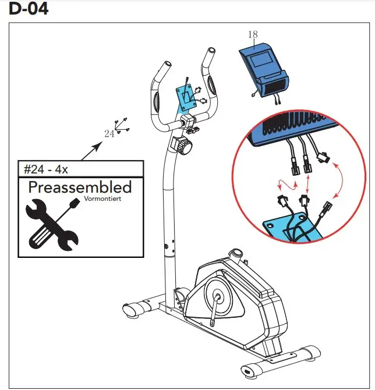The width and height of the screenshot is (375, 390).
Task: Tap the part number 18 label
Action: click(252, 35)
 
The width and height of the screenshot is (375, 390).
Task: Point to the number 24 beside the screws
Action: click(109, 134)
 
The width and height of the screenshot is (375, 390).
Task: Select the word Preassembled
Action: click(80, 187)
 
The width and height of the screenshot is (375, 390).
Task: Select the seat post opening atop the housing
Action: click(236, 254)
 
